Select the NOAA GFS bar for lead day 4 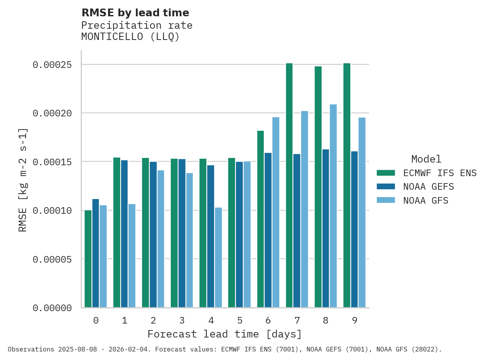(x=218, y=258)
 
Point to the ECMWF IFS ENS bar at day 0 (x=88, y=259)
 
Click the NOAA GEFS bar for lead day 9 (x=355, y=229)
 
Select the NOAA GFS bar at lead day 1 (x=132, y=256)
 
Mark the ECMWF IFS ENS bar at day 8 (x=318, y=187)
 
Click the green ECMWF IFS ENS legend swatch (x=386, y=173)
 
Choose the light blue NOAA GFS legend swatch (x=386, y=200)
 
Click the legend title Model (x=426, y=159)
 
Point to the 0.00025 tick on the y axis (x=52, y=64)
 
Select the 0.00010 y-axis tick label (x=52, y=211)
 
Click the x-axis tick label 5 (x=240, y=320)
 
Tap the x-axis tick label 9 (x=355, y=320)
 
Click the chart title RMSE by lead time (x=135, y=13)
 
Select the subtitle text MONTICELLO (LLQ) (x=130, y=37)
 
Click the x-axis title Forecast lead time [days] (x=225, y=334)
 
